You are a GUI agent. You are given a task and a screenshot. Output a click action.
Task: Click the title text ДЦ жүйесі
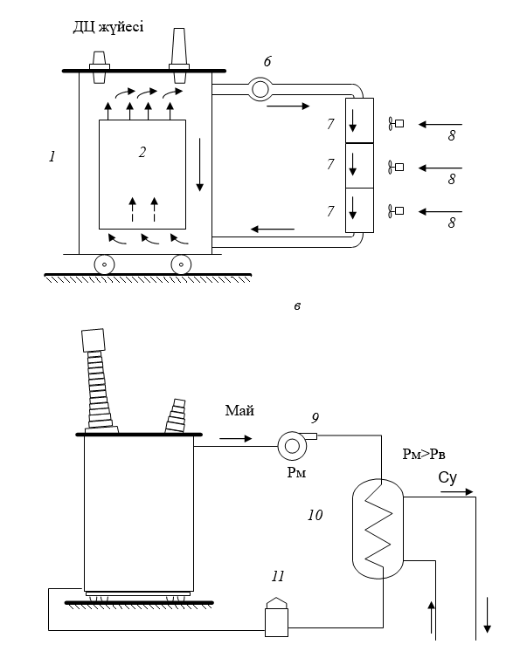coord(108,27)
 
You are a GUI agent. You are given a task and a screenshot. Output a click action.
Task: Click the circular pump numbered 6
coord(260,90)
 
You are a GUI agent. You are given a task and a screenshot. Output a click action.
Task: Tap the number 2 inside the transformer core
coord(142,152)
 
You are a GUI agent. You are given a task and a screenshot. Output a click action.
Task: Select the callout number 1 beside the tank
coord(52,156)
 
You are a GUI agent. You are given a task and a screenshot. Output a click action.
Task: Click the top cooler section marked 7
coord(359,120)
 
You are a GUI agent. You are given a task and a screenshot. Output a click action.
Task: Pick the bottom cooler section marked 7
coord(359,210)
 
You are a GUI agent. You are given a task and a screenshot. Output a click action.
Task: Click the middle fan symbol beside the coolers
coord(396,167)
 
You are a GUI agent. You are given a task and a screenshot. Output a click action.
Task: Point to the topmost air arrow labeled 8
coord(440,124)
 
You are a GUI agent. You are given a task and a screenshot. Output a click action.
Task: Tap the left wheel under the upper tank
coord(105,264)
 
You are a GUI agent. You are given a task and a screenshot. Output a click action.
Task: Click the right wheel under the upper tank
coord(181,264)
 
